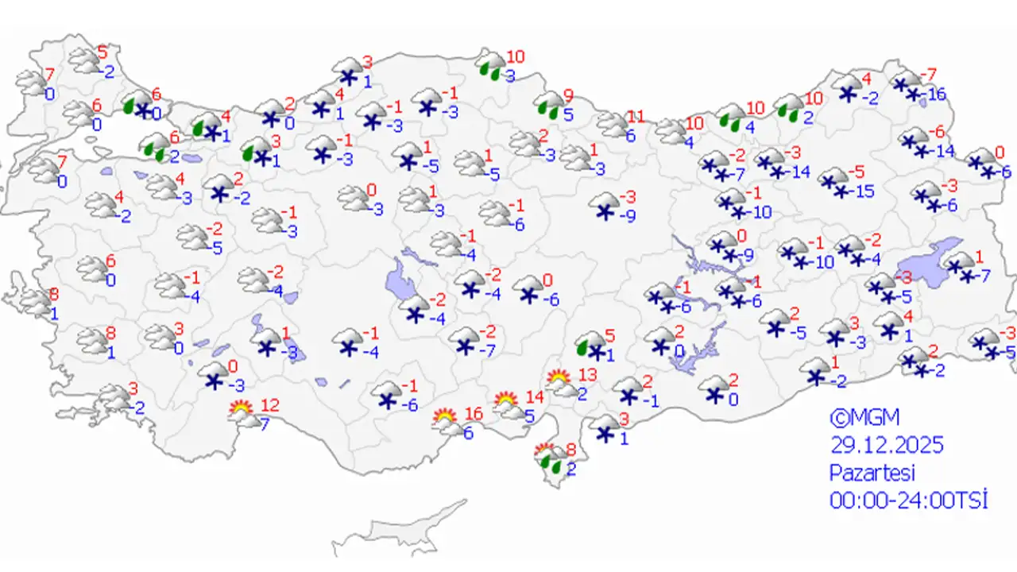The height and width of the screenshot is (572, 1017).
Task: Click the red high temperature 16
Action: point(474,414)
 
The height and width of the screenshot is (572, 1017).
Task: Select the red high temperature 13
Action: point(586,374)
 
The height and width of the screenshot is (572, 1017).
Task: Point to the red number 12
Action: point(270,405)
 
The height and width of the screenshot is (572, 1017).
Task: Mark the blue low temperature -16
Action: point(937,95)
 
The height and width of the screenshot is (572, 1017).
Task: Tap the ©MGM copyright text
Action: point(865,417)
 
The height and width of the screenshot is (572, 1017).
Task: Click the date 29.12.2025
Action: point(887,445)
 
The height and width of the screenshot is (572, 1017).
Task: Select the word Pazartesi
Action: point(872,473)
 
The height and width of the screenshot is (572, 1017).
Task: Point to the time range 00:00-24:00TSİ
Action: point(908,500)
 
